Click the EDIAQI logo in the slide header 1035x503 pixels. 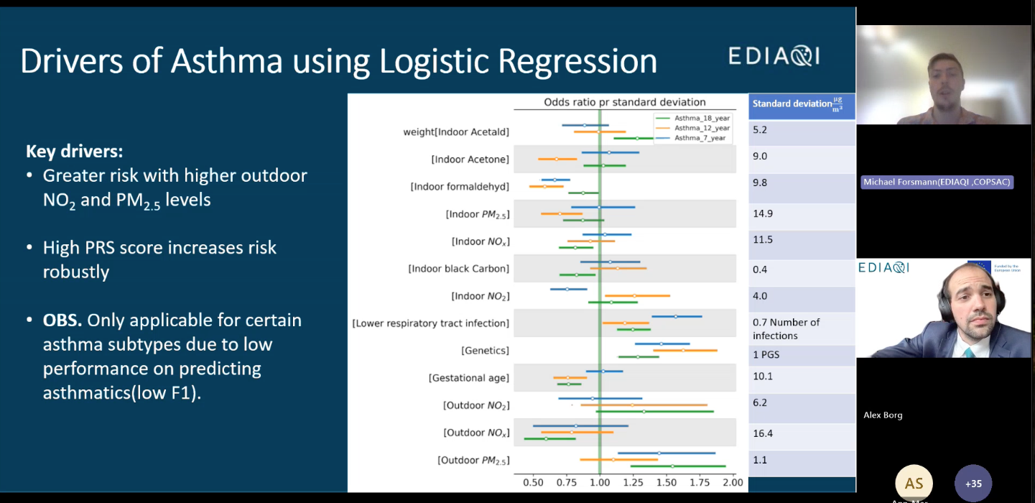[x=774, y=56]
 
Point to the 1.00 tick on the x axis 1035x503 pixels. [x=600, y=483]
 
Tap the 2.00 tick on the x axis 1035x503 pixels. [x=732, y=483]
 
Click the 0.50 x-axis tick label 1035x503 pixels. [x=533, y=483]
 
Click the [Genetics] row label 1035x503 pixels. [x=485, y=351]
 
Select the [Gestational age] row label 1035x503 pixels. [x=468, y=378]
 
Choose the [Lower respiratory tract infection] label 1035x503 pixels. [x=430, y=323]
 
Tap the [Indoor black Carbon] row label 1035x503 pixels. [x=458, y=269]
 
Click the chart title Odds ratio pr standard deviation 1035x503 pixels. [x=624, y=102]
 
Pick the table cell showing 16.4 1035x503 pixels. [x=762, y=433]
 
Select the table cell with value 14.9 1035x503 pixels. [x=762, y=213]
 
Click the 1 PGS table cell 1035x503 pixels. [x=766, y=354]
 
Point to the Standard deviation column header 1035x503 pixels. [x=801, y=105]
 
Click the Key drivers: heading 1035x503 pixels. [x=74, y=152]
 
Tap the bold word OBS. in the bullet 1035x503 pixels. [x=62, y=320]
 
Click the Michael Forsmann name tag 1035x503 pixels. [x=937, y=182]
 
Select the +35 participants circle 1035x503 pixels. [x=973, y=483]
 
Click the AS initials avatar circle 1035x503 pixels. [x=914, y=483]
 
